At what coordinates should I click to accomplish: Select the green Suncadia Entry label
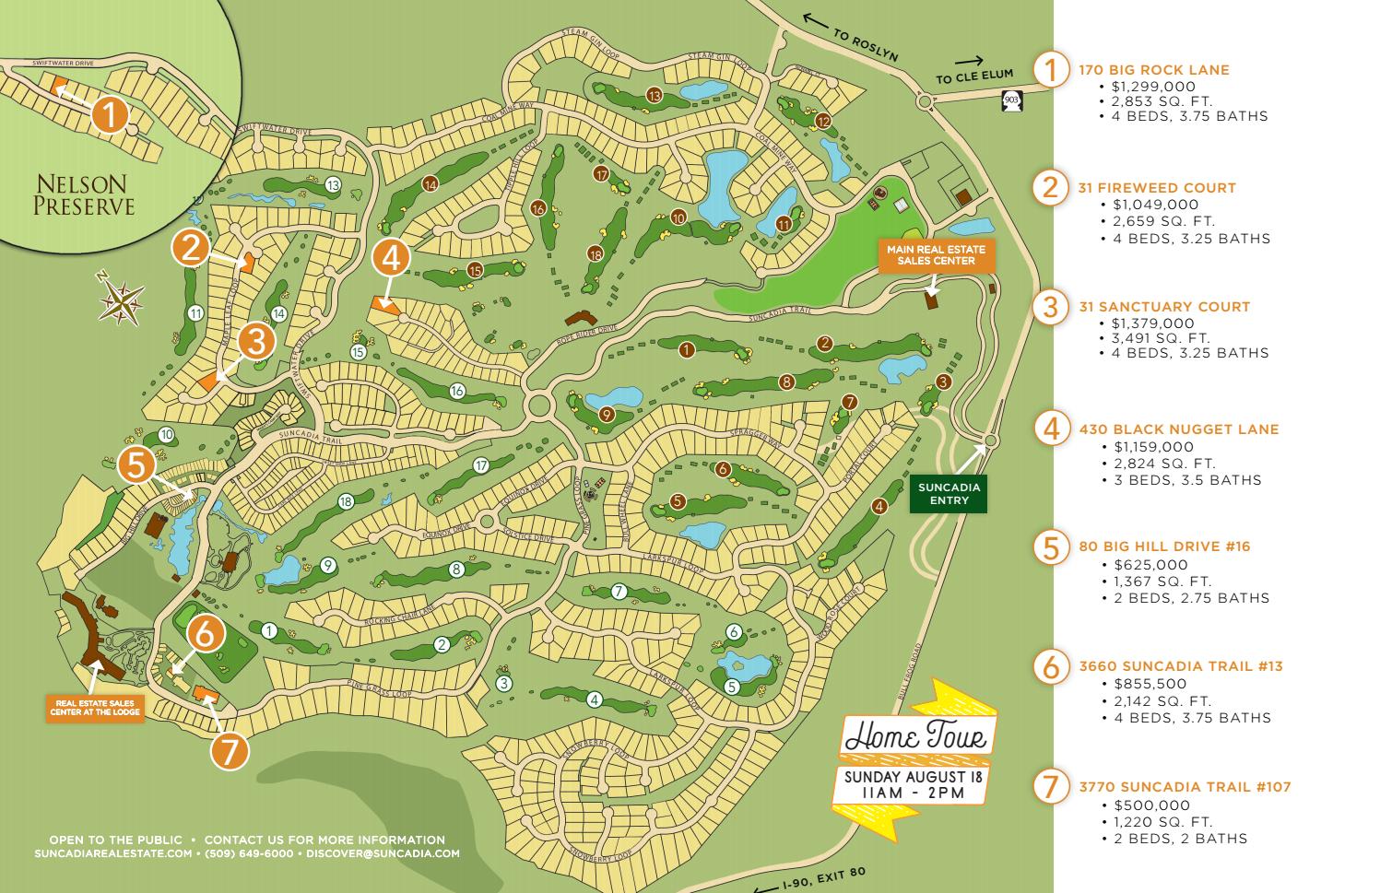click(949, 493)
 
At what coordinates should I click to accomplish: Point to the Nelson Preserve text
click(84, 194)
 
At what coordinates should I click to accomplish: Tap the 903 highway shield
click(1011, 98)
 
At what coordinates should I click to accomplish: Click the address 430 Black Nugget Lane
click(1179, 429)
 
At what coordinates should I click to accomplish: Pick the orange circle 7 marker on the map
click(230, 751)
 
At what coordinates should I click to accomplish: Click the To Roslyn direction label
click(864, 39)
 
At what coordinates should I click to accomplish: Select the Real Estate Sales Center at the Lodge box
click(95, 707)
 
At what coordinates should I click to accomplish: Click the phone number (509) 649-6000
click(250, 853)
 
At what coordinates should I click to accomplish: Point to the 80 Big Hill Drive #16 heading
click(1164, 546)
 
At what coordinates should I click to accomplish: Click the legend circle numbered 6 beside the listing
click(1050, 665)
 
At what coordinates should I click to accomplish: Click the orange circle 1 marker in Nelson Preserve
click(110, 116)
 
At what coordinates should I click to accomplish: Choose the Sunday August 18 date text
click(914, 776)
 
